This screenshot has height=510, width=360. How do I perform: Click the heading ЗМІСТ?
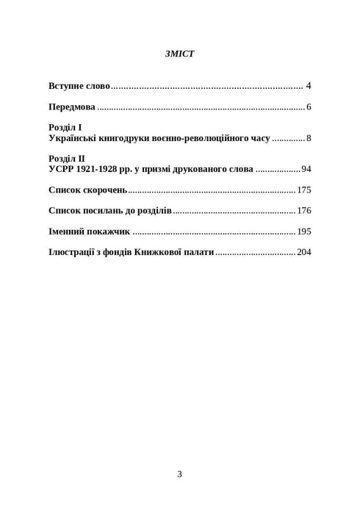(180, 54)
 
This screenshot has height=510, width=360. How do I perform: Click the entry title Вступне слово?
(79, 86)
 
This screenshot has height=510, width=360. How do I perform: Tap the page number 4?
(309, 86)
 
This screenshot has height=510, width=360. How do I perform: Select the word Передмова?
(72, 107)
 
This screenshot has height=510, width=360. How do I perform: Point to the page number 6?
(309, 107)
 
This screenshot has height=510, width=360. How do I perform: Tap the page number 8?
(309, 138)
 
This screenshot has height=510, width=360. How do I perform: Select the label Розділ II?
(67, 159)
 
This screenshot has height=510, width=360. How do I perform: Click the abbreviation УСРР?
(62, 169)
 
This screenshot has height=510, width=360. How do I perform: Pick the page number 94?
(306, 169)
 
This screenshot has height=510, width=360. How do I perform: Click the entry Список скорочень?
(88, 190)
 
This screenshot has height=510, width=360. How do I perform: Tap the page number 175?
(304, 190)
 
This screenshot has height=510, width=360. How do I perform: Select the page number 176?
(304, 211)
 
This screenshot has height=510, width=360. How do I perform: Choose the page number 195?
(304, 231)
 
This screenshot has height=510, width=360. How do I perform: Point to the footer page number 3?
(179, 474)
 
